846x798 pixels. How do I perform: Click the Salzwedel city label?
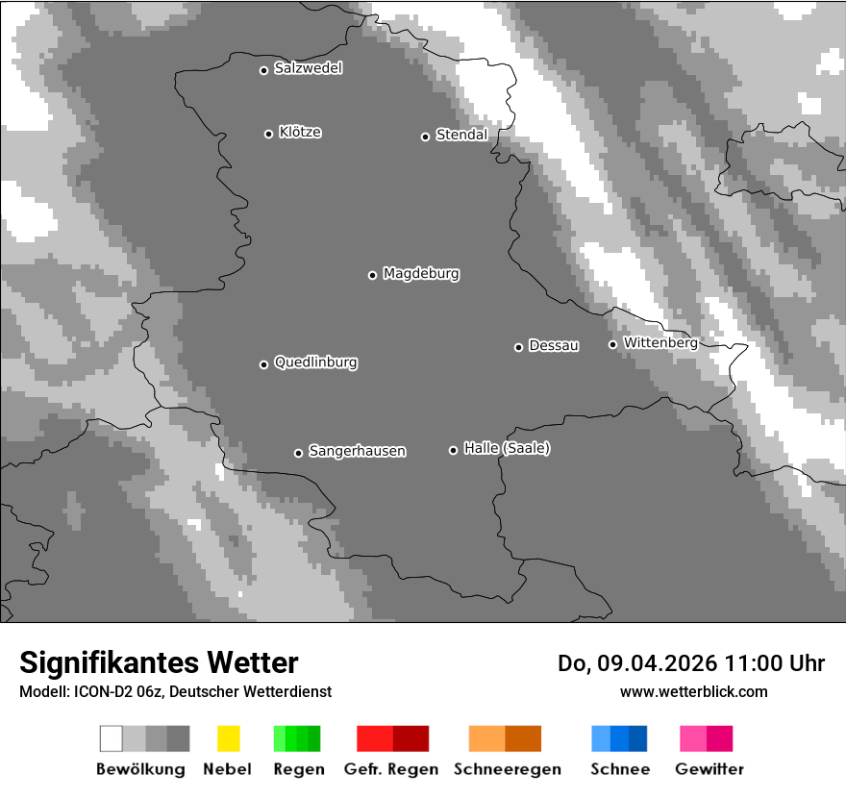(x=308, y=68)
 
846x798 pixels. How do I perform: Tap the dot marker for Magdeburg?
(x=372, y=275)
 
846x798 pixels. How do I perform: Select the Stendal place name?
(x=461, y=135)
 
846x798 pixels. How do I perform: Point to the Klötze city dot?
(x=268, y=134)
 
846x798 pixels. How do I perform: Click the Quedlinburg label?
(x=315, y=362)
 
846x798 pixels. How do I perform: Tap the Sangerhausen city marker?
(x=298, y=453)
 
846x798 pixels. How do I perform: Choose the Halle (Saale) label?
(x=507, y=448)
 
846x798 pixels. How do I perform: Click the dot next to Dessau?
(x=518, y=347)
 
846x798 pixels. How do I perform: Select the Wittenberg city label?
(x=660, y=342)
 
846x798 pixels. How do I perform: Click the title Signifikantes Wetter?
(x=159, y=662)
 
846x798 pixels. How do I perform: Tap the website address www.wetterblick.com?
(x=693, y=691)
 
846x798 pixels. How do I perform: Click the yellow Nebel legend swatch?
(x=228, y=738)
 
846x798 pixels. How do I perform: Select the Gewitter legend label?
(x=709, y=769)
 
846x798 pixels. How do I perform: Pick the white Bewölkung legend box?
(x=112, y=738)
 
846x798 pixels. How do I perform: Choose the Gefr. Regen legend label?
(x=390, y=769)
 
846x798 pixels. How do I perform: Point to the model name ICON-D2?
(x=99, y=691)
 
